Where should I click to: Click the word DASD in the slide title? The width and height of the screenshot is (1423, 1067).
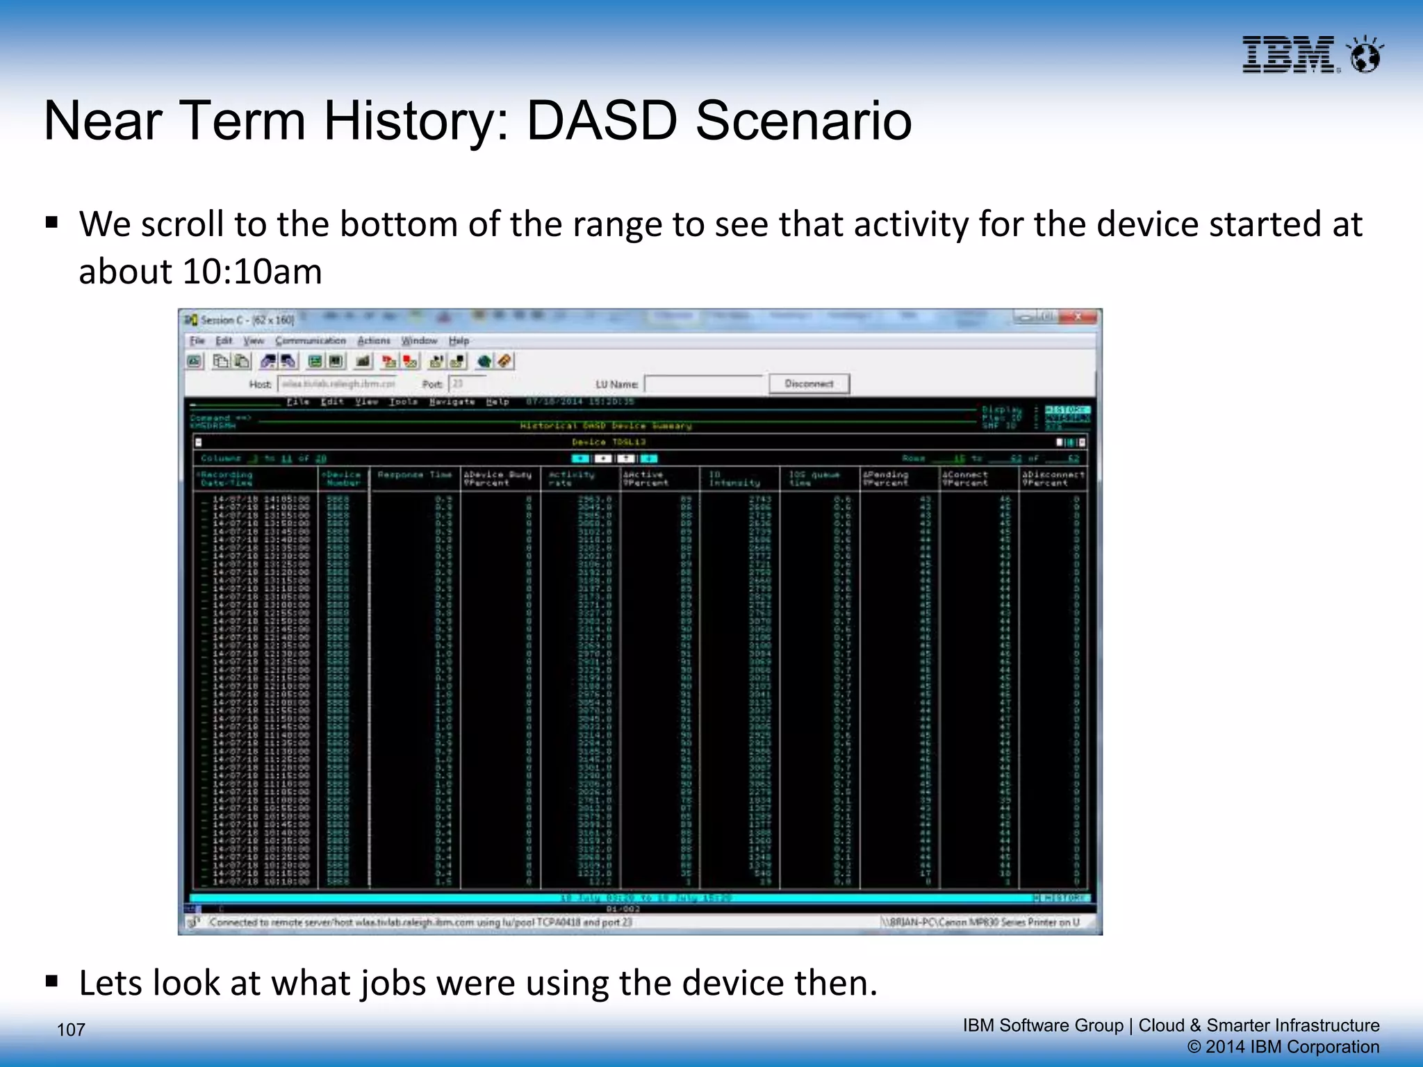click(x=602, y=121)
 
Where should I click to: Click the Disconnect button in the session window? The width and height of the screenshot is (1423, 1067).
click(x=809, y=383)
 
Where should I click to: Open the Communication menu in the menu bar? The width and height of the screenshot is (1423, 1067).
click(x=310, y=340)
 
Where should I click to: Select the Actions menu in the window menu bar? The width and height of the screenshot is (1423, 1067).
click(x=374, y=340)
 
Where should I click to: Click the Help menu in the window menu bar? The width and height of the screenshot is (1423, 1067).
click(x=459, y=340)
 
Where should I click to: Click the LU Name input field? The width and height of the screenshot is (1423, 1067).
click(x=704, y=383)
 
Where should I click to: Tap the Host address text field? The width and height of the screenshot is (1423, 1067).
click(x=338, y=383)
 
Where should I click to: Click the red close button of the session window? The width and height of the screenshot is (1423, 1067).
click(x=1078, y=317)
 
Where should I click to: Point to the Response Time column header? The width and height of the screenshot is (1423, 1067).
click(x=415, y=475)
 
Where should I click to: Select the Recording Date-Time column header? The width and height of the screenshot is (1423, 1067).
click(x=227, y=479)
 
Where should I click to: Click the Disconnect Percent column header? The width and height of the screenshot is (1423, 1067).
click(x=1052, y=479)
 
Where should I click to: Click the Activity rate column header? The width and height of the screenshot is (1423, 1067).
click(x=571, y=479)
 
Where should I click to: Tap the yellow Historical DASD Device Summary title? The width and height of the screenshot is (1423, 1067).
click(x=606, y=426)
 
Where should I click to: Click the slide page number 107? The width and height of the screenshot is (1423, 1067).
click(x=70, y=1029)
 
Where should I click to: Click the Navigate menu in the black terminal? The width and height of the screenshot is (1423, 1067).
click(x=452, y=402)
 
